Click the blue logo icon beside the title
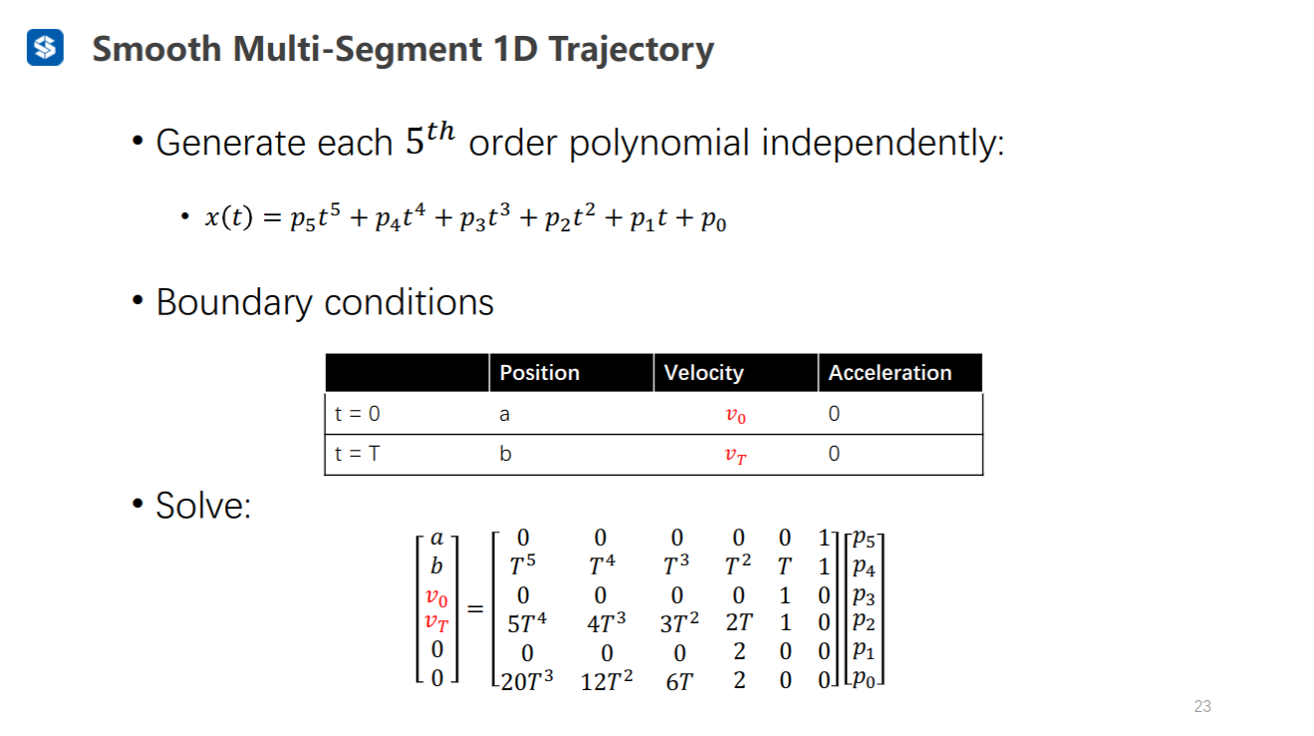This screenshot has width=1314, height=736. [45, 48]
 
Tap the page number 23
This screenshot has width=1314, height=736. [1202, 706]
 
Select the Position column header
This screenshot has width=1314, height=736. [539, 373]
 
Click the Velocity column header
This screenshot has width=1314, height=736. [704, 373]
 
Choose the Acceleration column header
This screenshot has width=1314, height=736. [890, 373]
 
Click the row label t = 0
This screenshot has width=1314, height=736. [357, 414]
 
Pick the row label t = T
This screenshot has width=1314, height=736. [357, 454]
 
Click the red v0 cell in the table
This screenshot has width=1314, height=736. [736, 415]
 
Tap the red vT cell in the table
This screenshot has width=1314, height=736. [736, 456]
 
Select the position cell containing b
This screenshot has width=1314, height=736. [505, 454]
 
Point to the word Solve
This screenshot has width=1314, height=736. [202, 506]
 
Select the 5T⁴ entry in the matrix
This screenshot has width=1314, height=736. [527, 623]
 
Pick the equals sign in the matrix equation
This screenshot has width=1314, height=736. [476, 609]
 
